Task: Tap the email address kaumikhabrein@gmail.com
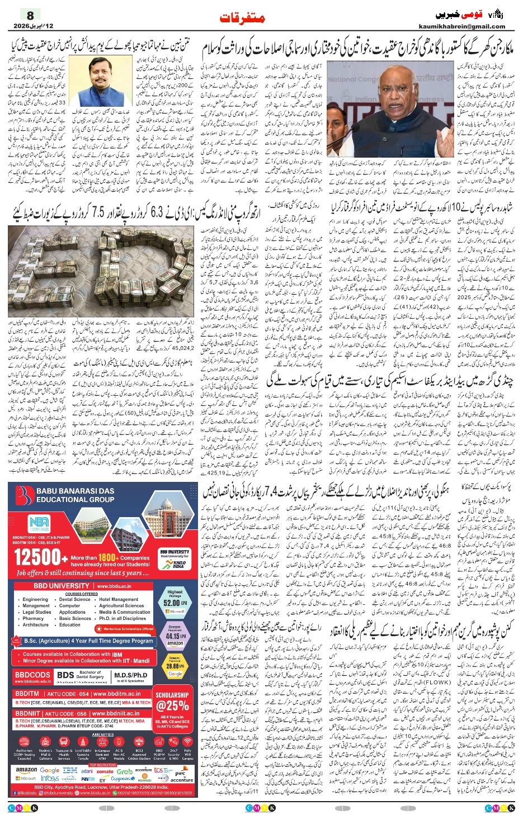pos(461,26)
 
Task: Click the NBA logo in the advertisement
pos(39,524)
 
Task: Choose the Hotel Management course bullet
pos(119,599)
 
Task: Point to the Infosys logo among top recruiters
pos(50,778)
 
